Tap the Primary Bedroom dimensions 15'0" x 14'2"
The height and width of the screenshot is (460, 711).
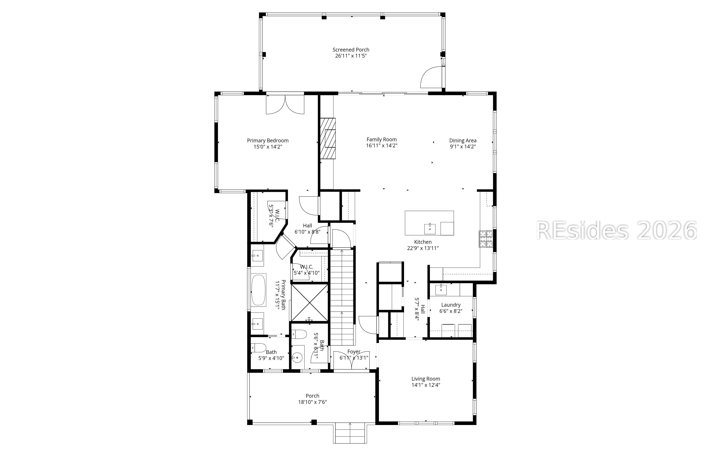pos(268,147)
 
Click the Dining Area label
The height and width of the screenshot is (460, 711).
pos(463,140)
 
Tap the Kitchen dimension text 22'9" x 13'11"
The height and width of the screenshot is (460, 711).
pos(422,248)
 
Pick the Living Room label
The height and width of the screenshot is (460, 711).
pos(425,379)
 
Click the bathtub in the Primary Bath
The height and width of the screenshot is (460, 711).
pos(258,290)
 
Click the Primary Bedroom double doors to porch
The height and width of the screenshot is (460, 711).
pos(285,104)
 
